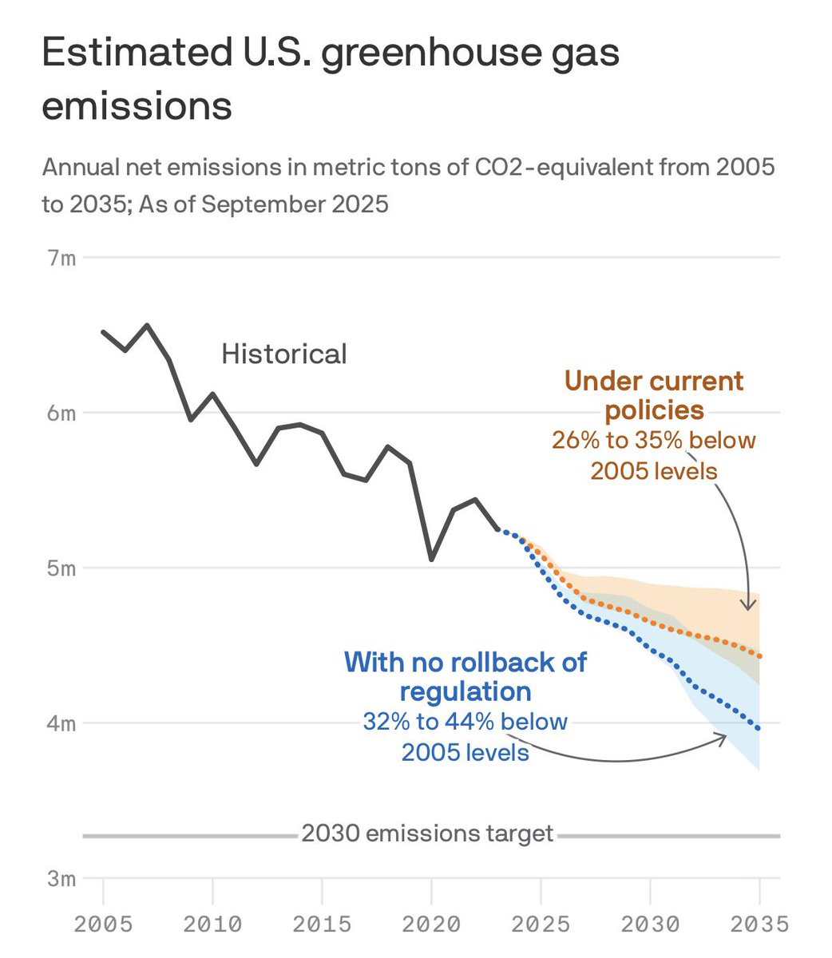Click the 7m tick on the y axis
pyautogui.click(x=61, y=259)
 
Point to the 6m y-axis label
pyautogui.click(x=61, y=414)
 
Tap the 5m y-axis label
pyautogui.click(x=61, y=568)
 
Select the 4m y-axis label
pyautogui.click(x=61, y=723)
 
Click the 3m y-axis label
pyautogui.click(x=61, y=878)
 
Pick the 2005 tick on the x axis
pyautogui.click(x=103, y=924)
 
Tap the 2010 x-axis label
pyautogui.click(x=212, y=924)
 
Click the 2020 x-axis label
pyautogui.click(x=431, y=924)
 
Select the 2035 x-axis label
pyautogui.click(x=759, y=924)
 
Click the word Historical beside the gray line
pyautogui.click(x=283, y=354)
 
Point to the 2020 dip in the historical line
pyautogui.click(x=431, y=559)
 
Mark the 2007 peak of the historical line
pyautogui.click(x=147, y=325)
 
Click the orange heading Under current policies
pyautogui.click(x=654, y=395)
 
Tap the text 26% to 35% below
pyautogui.click(x=654, y=440)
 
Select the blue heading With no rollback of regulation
pyautogui.click(x=466, y=676)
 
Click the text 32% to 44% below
pyautogui.click(x=466, y=722)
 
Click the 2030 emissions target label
pyautogui.click(x=427, y=833)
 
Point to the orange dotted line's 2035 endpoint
pyautogui.click(x=759, y=656)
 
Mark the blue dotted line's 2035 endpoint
pyautogui.click(x=759, y=728)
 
